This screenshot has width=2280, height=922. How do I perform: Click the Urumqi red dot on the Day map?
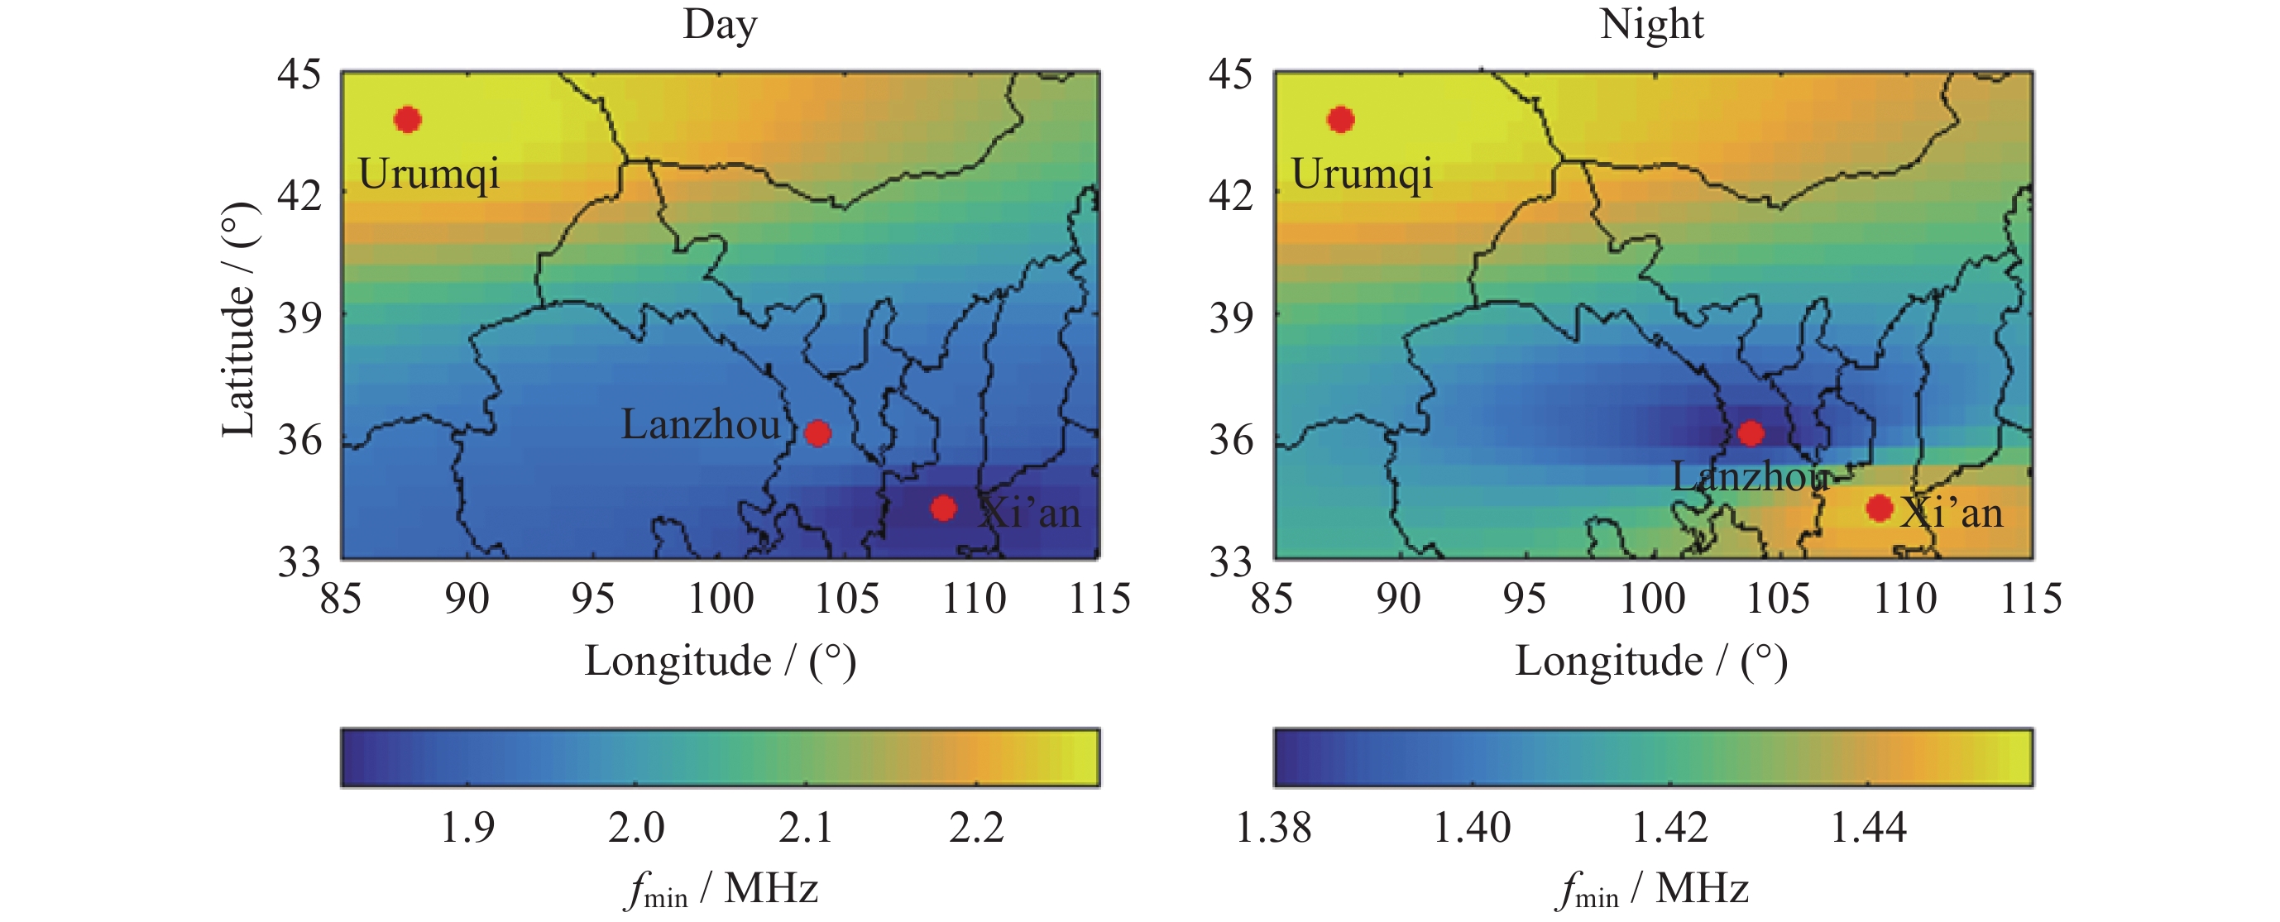click(x=407, y=119)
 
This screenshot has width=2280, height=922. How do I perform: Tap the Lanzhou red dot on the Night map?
click(x=1750, y=432)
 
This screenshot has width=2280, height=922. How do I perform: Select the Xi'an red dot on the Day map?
click(x=943, y=508)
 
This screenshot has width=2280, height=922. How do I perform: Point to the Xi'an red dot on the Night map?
click(x=1879, y=508)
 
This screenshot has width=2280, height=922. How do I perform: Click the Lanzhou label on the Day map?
click(x=700, y=425)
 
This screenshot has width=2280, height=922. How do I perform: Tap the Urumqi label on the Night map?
click(x=1361, y=174)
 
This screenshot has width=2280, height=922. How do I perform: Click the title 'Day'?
click(x=720, y=24)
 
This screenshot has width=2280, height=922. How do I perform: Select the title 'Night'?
click(x=1651, y=24)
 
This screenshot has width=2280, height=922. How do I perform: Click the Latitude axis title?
click(x=238, y=319)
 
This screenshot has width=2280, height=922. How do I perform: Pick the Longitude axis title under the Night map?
click(x=1651, y=661)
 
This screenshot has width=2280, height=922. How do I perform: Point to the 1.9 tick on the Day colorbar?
click(x=467, y=828)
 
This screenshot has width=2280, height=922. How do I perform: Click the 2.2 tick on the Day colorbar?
click(x=976, y=828)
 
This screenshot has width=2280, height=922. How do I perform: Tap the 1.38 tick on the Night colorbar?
click(x=1272, y=828)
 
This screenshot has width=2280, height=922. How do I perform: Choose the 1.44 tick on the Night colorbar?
click(x=1867, y=828)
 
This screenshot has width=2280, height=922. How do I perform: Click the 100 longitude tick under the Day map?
click(x=721, y=599)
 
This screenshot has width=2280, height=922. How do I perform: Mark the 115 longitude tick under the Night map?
click(x=2031, y=599)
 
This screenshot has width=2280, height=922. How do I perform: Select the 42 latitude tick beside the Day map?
click(x=299, y=194)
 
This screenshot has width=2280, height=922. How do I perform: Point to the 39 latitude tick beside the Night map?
click(x=1231, y=317)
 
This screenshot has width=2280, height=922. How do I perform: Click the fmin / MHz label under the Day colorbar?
click(x=721, y=889)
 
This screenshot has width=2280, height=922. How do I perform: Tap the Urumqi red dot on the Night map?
click(x=1340, y=119)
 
